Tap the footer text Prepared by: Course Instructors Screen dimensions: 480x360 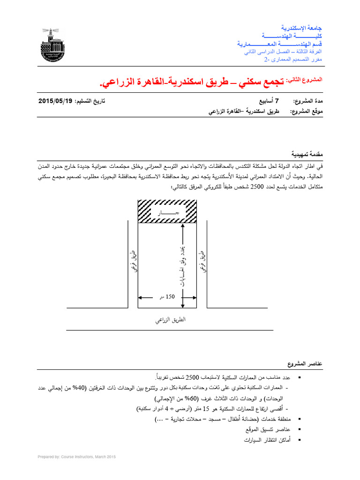pyautogui.click(x=76, y=457)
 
